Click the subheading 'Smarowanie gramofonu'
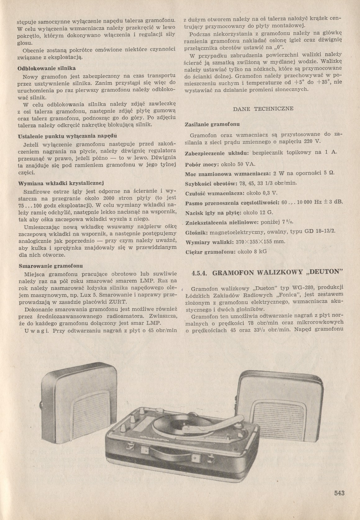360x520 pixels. click(x=50, y=266)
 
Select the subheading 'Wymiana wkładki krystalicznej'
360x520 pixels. click(x=61, y=183)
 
